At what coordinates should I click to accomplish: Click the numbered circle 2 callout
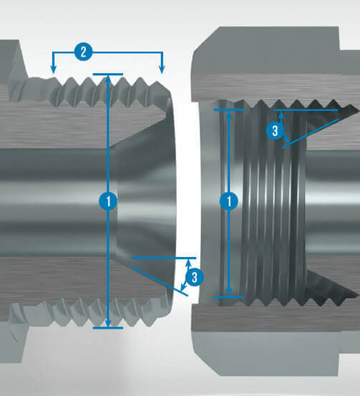tap(84, 52)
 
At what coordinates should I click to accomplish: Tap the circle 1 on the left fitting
tap(108, 201)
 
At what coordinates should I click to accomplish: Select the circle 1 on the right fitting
tap(229, 201)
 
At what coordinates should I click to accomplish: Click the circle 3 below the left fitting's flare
tap(195, 277)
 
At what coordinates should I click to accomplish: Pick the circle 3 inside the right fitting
tap(275, 131)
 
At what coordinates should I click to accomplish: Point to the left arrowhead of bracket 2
tap(53, 69)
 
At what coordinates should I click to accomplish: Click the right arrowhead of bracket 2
tap(162, 69)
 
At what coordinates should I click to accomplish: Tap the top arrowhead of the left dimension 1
tap(108, 79)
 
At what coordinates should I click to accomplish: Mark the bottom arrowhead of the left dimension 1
tap(108, 323)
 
